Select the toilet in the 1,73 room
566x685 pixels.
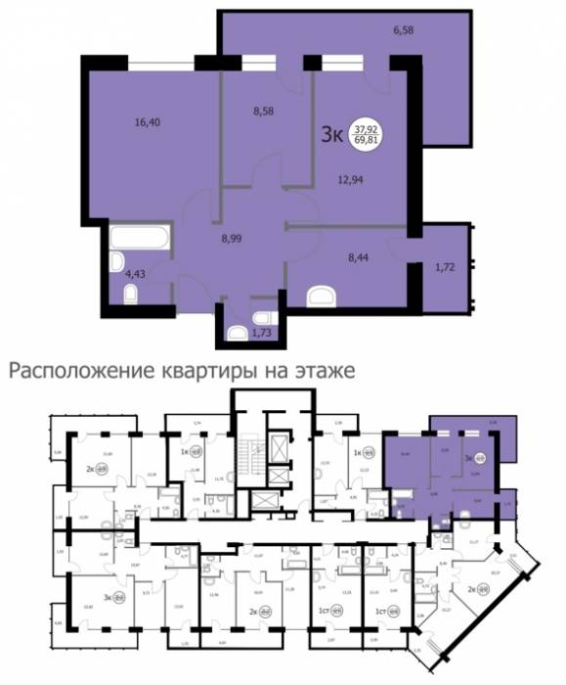point(237,333)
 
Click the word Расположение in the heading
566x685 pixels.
point(70,372)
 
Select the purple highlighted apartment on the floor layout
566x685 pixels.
point(440,470)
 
